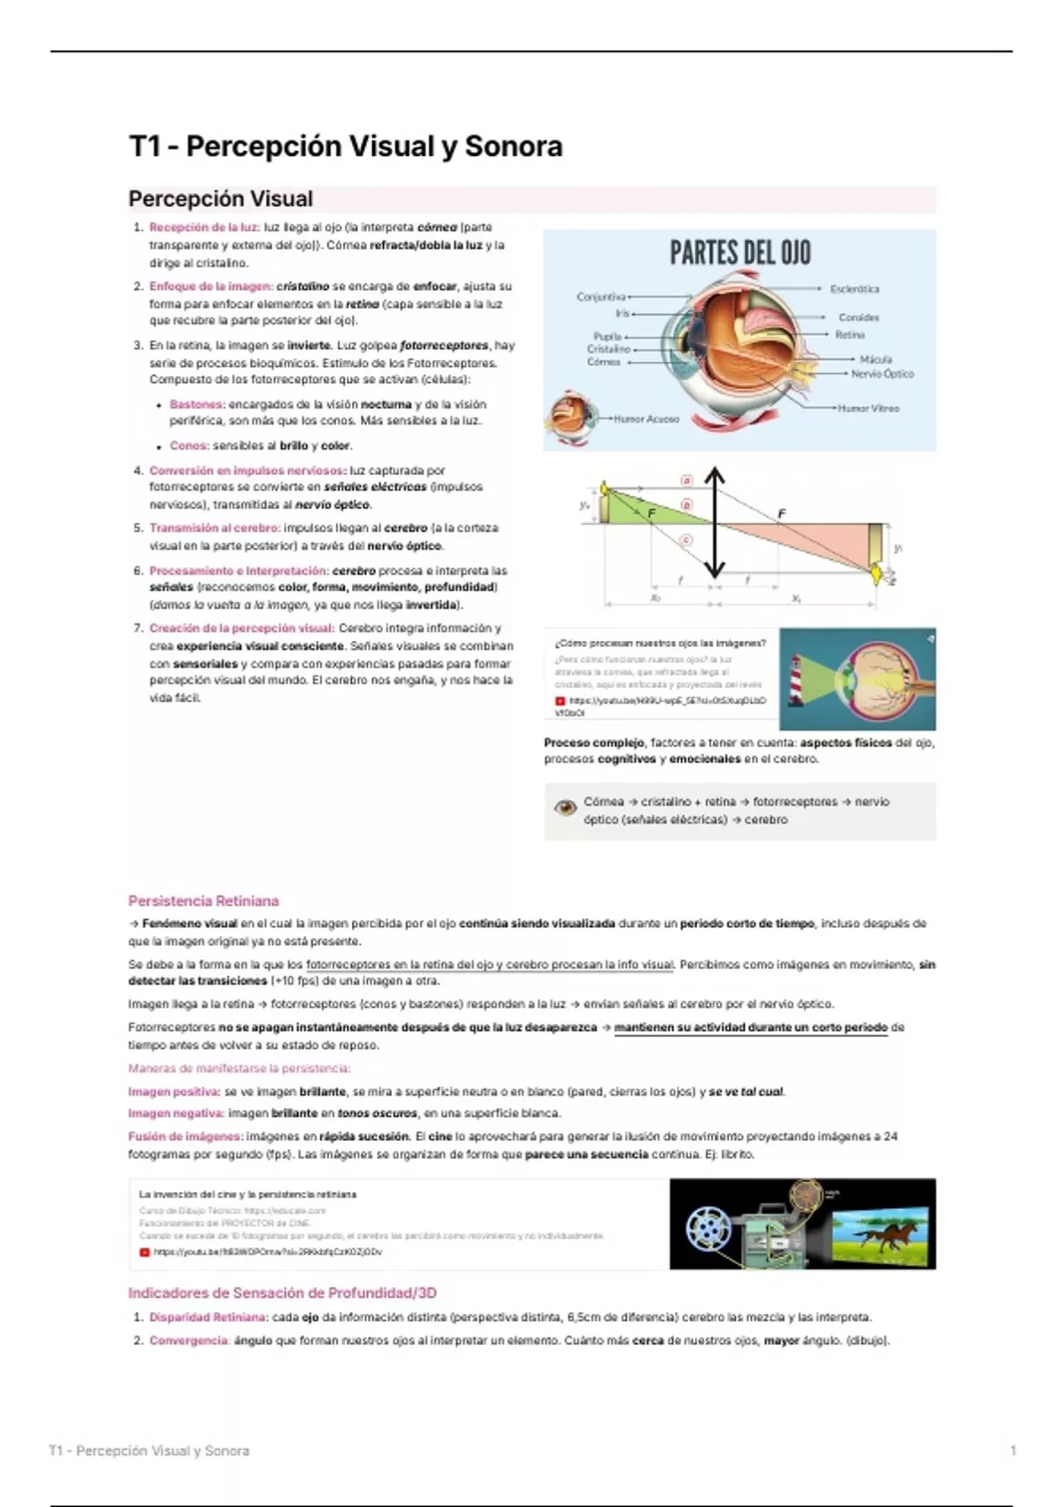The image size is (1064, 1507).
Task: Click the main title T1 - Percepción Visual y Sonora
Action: click(346, 146)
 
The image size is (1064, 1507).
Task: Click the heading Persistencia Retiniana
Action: click(203, 901)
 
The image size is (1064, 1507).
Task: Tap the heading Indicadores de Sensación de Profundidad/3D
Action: click(282, 1292)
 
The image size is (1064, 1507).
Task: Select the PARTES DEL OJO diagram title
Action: click(739, 253)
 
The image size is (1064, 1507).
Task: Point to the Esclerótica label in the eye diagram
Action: click(854, 289)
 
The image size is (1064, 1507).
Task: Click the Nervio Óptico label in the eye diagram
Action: click(881, 374)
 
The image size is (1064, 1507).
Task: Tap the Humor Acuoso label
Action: click(646, 418)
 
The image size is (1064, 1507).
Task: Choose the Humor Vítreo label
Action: click(868, 409)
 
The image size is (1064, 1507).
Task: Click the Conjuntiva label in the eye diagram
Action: click(600, 297)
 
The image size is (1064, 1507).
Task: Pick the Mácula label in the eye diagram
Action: click(875, 359)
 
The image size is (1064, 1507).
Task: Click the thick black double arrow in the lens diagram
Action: click(715, 523)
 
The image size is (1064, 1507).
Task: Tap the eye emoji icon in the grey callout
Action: click(565, 808)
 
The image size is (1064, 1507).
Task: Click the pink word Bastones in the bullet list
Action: click(196, 404)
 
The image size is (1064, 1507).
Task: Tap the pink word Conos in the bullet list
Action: click(189, 446)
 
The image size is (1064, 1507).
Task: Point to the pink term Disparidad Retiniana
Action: click(208, 1317)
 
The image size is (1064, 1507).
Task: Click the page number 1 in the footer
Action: click(1013, 1451)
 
